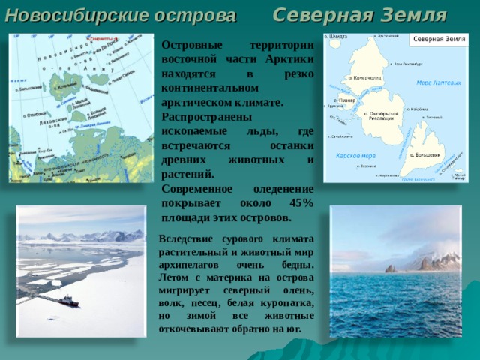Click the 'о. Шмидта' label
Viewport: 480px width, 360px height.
[334, 35]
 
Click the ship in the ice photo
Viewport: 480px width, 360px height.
[67, 300]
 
